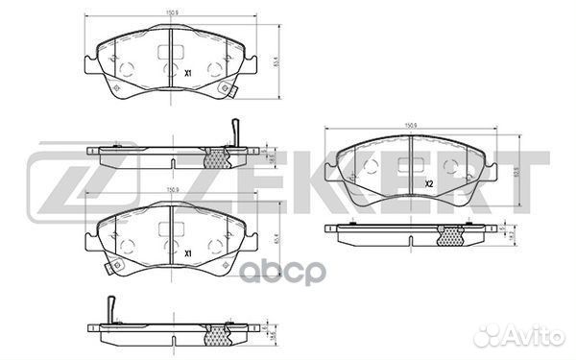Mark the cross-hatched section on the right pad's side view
coord(451,236)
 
